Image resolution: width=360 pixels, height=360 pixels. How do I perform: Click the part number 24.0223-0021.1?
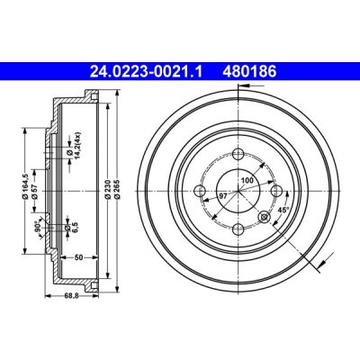point(146,72)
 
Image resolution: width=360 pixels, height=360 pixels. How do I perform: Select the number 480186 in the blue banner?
point(249,72)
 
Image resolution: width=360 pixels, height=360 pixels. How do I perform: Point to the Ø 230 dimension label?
point(108,190)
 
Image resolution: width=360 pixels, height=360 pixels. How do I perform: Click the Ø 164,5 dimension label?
point(25,186)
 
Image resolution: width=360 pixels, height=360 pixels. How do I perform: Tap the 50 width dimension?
point(78,257)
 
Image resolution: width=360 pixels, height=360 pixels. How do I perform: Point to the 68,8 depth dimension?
point(71,296)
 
